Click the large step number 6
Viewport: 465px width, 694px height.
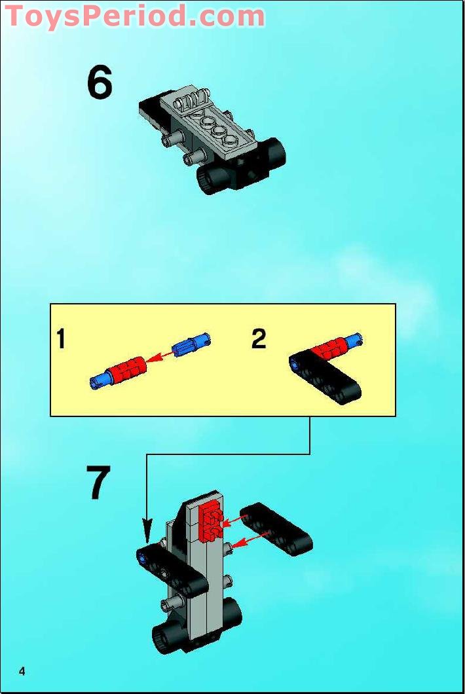(100, 83)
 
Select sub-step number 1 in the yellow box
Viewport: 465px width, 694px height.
(61, 340)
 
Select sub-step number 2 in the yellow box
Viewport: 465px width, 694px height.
(259, 339)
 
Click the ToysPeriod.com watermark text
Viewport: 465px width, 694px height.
(135, 16)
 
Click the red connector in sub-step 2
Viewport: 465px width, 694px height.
(331, 348)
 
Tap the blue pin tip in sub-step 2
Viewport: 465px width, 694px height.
(356, 339)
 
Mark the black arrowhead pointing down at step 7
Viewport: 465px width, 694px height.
(147, 528)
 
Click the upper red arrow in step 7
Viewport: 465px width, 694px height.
(234, 520)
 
